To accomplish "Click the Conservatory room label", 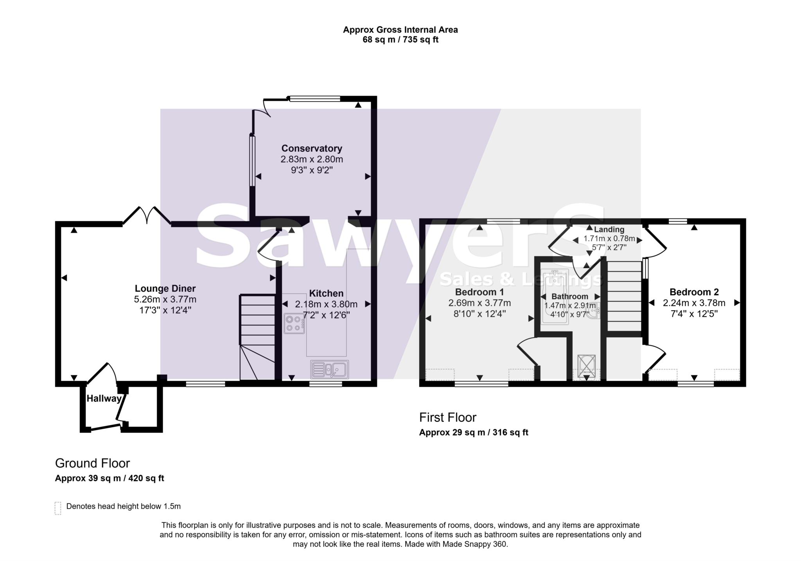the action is click(x=312, y=149).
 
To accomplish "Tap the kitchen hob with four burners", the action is click(x=294, y=323).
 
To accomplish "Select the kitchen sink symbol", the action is click(x=330, y=369).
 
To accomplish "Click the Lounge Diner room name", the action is click(x=165, y=289).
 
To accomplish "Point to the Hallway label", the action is click(x=104, y=399).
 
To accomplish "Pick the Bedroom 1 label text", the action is click(x=480, y=292).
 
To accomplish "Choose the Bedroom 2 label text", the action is click(x=694, y=292).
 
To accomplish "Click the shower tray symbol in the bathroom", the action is click(x=586, y=366).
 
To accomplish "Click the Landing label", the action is click(x=609, y=229).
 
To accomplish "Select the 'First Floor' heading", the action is click(x=448, y=418).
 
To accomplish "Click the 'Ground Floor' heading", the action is click(x=92, y=463).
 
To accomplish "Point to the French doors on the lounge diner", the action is click(x=147, y=215).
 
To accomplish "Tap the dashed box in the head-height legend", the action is click(x=58, y=508).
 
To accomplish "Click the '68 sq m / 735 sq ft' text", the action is click(x=400, y=40).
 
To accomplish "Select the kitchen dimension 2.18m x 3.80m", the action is click(x=326, y=304).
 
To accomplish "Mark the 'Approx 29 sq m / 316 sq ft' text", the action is click(x=474, y=432).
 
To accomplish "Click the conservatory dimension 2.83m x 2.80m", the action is click(x=312, y=160).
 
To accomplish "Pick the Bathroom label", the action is click(x=570, y=297).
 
